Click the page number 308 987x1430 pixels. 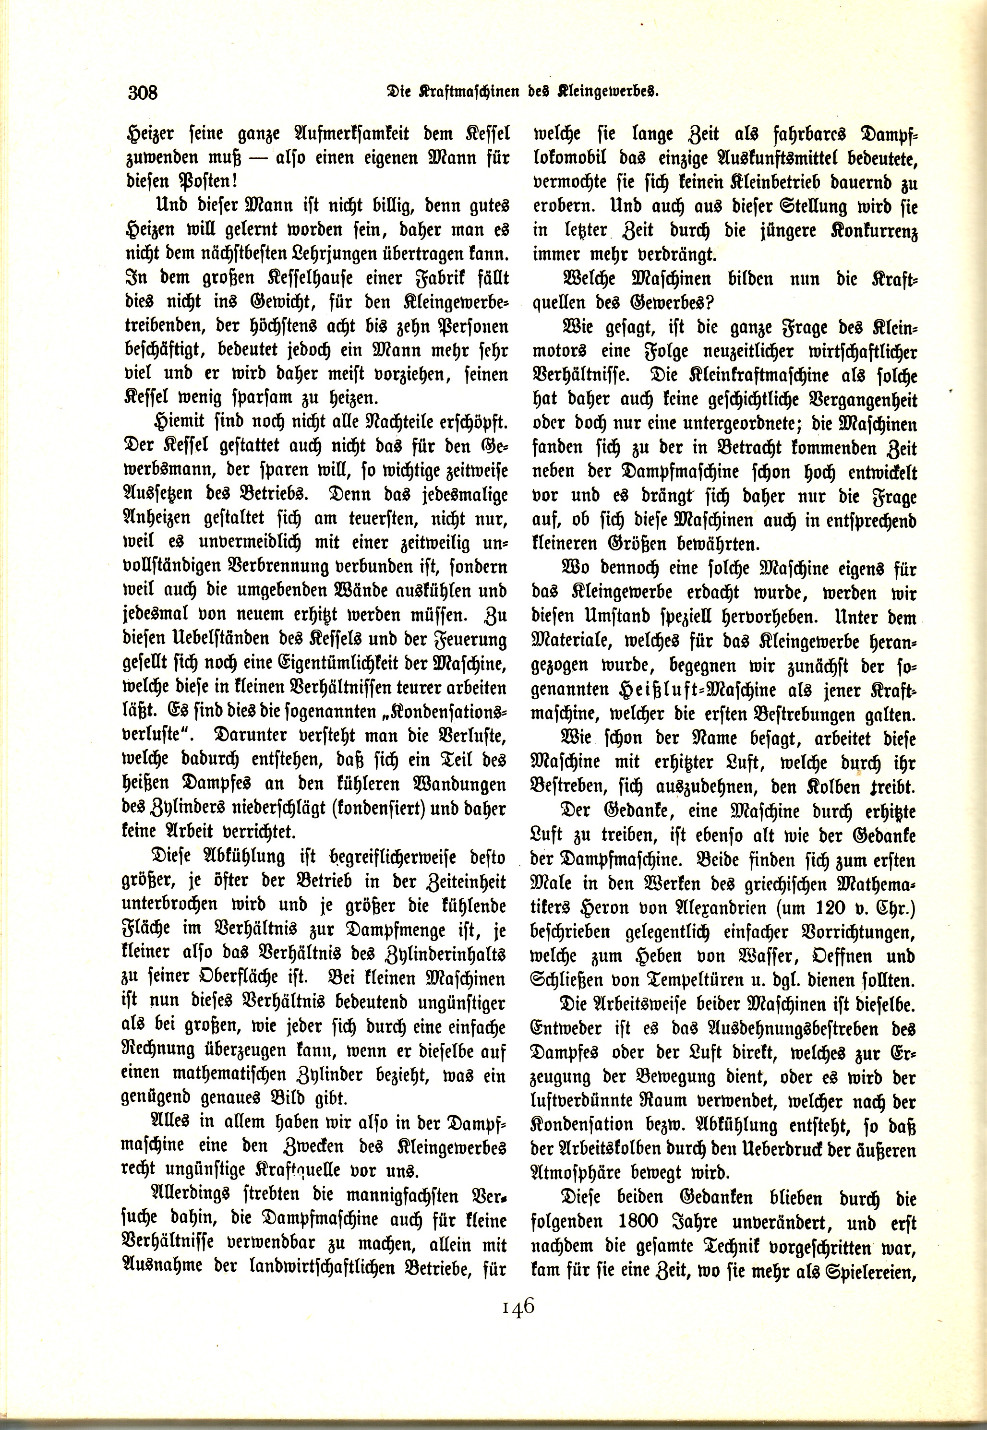pyautogui.click(x=144, y=93)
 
